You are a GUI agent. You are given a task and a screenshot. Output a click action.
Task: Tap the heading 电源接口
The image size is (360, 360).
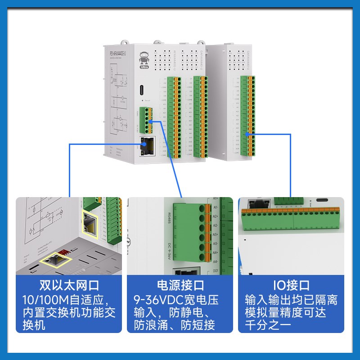[180, 285]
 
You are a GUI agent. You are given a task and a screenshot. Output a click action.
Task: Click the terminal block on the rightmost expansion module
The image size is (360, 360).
[247, 117]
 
